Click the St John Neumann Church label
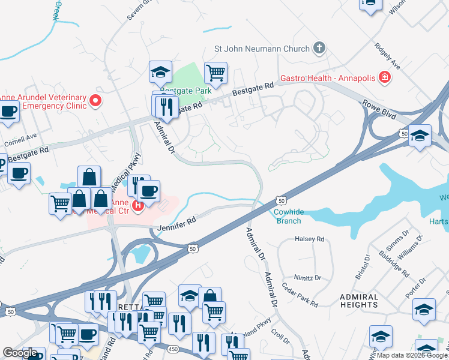point(262,49)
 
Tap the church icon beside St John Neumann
point(319,48)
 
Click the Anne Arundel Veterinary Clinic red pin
point(95,102)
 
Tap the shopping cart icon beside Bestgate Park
point(215,73)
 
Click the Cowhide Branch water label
point(289,216)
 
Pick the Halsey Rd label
point(309,239)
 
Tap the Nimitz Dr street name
point(308,278)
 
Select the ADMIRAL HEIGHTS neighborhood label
point(358,301)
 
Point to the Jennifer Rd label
point(177,221)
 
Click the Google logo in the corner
point(20,352)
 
